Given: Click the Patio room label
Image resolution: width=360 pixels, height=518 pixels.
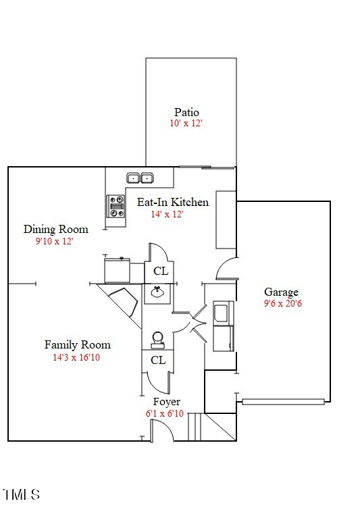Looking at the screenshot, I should [186, 112].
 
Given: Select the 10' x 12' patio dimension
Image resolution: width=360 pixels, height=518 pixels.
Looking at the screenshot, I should [186, 124].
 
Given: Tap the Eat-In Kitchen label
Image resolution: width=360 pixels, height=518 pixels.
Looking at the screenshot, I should [173, 202].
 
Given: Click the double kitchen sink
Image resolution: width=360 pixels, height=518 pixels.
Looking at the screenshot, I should [140, 178].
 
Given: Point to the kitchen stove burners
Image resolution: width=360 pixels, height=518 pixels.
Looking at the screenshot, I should [116, 206].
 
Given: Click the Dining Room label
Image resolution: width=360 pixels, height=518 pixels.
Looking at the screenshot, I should [55, 229].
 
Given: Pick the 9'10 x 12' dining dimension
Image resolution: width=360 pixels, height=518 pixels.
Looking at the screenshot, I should [54, 240].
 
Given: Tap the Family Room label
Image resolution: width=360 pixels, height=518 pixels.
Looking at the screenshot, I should [77, 344].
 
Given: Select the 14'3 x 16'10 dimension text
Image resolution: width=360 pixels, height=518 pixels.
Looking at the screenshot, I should [76, 357].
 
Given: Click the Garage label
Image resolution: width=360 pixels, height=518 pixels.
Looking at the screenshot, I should [281, 292].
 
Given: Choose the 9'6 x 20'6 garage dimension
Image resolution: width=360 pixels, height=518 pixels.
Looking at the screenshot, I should [282, 303].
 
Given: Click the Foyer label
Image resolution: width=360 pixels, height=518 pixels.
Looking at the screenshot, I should [166, 402].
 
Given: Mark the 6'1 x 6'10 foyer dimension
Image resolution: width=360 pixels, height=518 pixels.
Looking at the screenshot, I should [164, 413].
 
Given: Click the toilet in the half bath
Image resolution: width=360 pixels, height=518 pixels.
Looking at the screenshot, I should [157, 339].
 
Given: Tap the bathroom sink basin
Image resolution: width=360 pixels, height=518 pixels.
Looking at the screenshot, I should [158, 292].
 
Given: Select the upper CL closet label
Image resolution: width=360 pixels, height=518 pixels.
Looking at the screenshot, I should [161, 271].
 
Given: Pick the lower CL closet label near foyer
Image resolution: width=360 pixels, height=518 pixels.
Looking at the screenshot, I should [158, 361].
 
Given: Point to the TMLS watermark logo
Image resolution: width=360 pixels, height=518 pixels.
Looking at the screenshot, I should [21, 495].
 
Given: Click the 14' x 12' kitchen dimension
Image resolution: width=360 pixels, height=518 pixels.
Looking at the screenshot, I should [167, 214].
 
